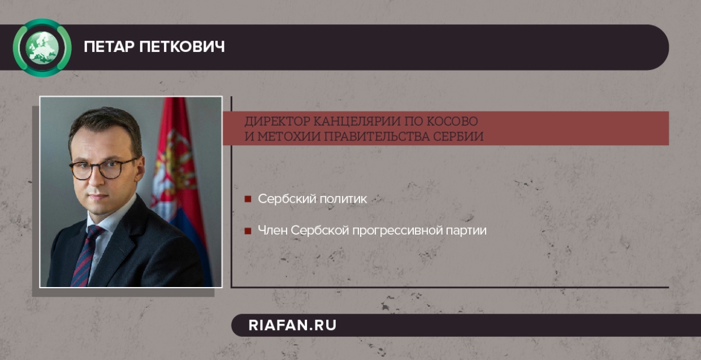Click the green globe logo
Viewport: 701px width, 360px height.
pos(42,47)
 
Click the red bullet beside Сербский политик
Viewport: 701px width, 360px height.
pos(248,199)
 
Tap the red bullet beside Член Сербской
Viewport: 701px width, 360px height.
pos(248,231)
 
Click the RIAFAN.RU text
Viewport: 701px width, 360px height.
pos(292,325)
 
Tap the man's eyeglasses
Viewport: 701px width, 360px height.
pos(102,168)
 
